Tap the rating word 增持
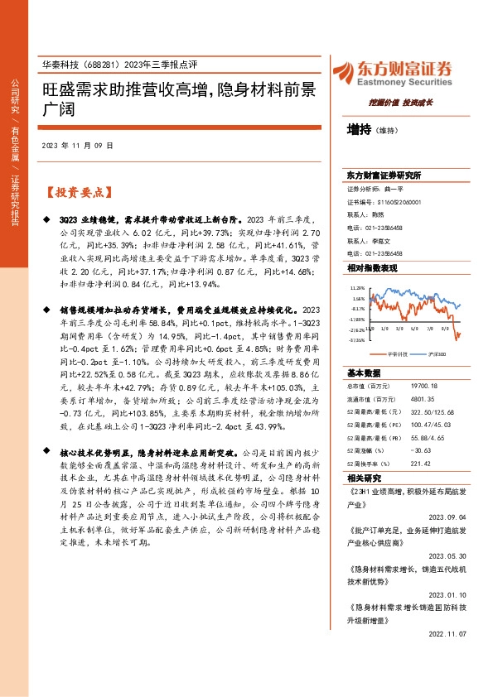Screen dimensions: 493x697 click(x=359, y=129)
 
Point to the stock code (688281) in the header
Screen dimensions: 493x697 click(x=101, y=65)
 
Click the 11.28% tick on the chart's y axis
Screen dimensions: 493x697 click(x=358, y=289)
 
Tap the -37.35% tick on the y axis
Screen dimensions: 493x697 click(x=358, y=338)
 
